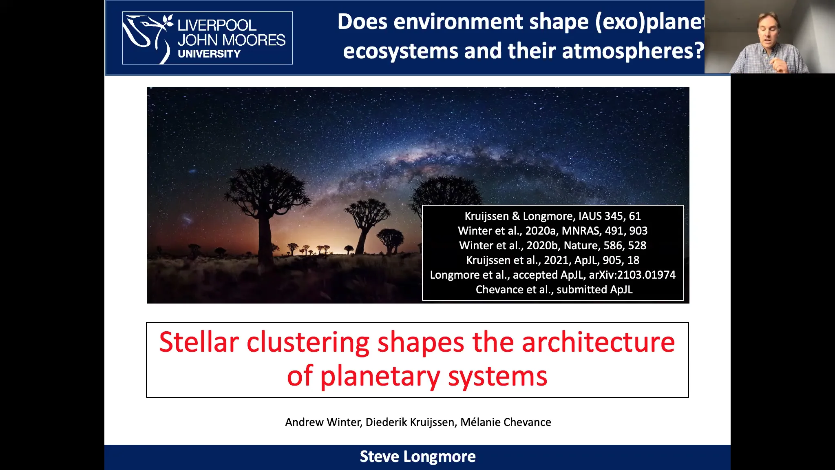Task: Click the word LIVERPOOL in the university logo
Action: (217, 25)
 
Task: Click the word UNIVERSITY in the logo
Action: (209, 54)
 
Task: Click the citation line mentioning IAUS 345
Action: (552, 216)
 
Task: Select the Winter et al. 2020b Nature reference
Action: (552, 246)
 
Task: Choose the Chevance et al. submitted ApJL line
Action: (554, 290)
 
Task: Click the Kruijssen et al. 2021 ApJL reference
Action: (552, 260)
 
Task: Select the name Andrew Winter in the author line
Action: (323, 422)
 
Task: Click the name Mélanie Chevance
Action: (506, 422)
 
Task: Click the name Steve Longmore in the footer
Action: (417, 457)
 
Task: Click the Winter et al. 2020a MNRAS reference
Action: (552, 231)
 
